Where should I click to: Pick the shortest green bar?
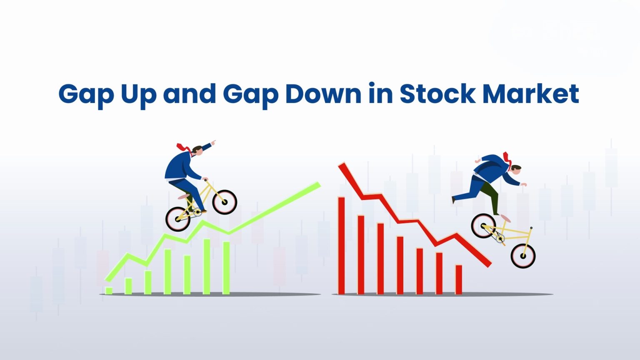point(109,290)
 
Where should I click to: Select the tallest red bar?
point(341,245)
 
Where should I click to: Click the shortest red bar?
point(459,280)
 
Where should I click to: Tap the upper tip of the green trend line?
point(318,185)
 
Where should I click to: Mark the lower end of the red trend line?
point(488,264)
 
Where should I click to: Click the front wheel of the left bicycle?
point(225,202)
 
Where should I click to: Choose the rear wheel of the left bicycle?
point(178,219)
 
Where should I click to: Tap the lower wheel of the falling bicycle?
point(523,255)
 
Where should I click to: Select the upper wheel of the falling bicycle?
point(484,225)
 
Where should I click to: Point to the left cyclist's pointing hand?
point(213,143)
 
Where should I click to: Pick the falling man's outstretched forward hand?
point(525,184)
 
